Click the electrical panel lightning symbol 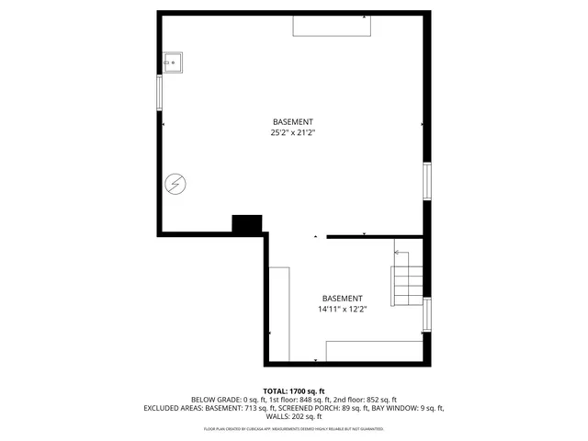(x=174, y=185)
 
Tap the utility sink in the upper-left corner (x=174, y=62)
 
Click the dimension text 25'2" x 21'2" (x=293, y=133)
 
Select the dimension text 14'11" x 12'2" (x=342, y=310)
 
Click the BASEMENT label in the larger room (x=293, y=122)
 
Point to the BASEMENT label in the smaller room (x=342, y=299)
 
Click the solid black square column (x=247, y=225)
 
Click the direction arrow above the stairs (x=401, y=252)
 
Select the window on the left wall (x=160, y=93)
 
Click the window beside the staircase (x=426, y=313)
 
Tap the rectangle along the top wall (x=333, y=26)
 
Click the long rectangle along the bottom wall (x=372, y=350)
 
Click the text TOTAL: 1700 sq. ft (x=294, y=391)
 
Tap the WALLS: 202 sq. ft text (x=294, y=416)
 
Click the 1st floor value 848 (x=308, y=400)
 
